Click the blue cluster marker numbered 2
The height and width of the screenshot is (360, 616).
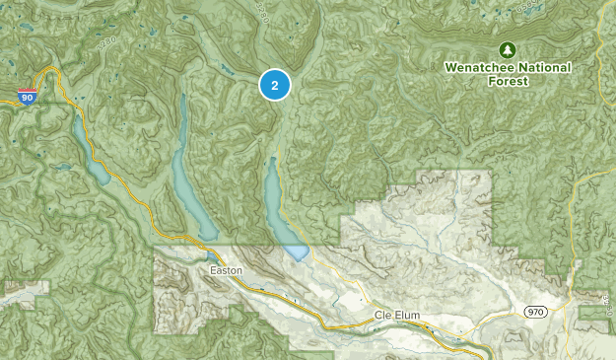[x=275, y=86]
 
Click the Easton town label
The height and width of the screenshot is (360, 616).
[x=225, y=269]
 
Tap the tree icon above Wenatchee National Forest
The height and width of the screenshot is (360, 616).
[x=508, y=49]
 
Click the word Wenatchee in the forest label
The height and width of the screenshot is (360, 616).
[x=475, y=67]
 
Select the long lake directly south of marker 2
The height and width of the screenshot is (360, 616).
[x=275, y=202]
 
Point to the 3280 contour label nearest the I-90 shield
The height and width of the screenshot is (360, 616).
[x=107, y=44]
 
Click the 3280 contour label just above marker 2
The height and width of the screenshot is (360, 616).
[x=261, y=14]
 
